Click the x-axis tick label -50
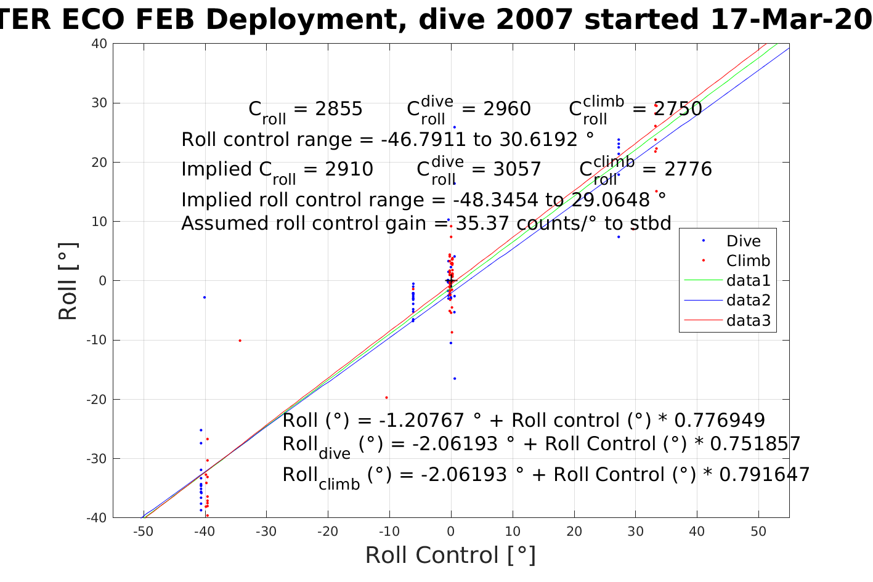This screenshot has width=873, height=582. pos(143,531)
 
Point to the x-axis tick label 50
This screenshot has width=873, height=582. pos(758,531)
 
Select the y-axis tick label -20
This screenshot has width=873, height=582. pos(97,399)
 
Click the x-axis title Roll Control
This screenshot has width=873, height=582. pos(450,555)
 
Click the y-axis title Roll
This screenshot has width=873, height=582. pos(68,281)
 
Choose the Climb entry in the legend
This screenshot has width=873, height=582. pos(748,261)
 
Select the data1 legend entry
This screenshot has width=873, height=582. pos(749,280)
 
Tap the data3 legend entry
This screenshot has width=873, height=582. pos(749,320)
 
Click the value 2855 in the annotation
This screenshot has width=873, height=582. pos(339,109)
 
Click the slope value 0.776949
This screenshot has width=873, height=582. pos(720,421)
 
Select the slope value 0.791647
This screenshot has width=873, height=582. pos(765,475)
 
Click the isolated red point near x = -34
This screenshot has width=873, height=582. pos(240,341)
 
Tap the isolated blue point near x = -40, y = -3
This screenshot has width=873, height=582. pos(205,297)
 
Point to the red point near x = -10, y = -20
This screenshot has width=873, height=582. pos(386,397)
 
